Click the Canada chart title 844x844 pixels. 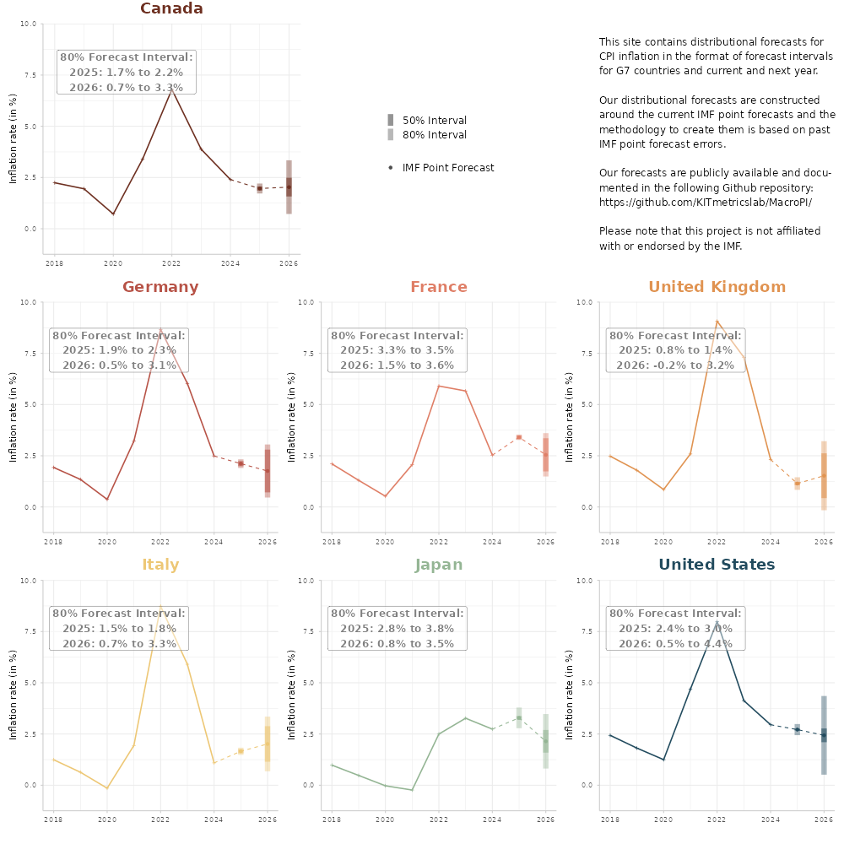click(171, 9)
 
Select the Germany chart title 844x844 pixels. click(160, 287)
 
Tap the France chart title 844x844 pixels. click(439, 287)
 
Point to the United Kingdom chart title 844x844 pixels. click(717, 287)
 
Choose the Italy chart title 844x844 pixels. click(160, 565)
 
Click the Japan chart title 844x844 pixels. click(439, 565)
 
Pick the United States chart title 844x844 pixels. click(717, 565)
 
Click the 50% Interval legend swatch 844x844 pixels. click(391, 120)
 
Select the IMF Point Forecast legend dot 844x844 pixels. click(391, 167)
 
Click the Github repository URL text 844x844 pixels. click(706, 203)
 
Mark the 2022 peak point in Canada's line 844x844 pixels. click(171, 89)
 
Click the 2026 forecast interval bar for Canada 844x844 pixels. click(289, 187)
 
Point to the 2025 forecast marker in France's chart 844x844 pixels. click(519, 437)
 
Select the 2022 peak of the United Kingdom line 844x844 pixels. click(717, 322)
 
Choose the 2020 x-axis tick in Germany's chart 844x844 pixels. click(106, 541)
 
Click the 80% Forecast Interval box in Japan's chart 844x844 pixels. click(397, 629)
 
